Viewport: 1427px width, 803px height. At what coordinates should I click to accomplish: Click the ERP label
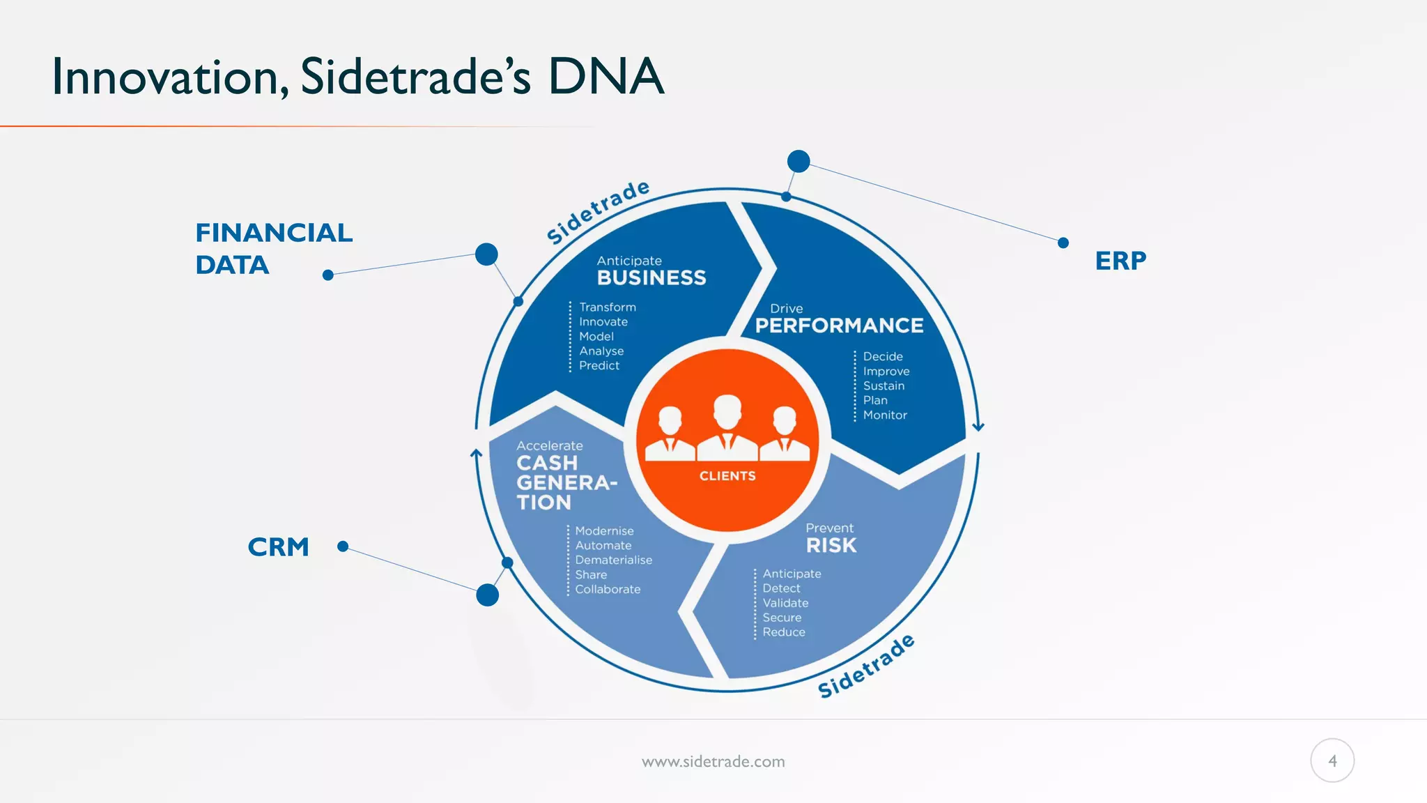tap(1120, 261)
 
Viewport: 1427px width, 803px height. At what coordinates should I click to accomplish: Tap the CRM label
tap(278, 547)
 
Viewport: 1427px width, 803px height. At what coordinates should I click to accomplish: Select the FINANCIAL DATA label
tap(274, 249)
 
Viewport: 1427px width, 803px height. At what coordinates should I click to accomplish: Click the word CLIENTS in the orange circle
tap(727, 476)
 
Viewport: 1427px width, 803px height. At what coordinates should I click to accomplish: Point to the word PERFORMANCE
tap(839, 326)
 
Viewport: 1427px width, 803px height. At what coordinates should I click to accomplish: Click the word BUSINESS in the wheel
tap(651, 278)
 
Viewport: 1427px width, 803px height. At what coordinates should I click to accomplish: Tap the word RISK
tap(831, 546)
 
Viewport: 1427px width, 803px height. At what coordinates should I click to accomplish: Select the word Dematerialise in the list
tap(613, 560)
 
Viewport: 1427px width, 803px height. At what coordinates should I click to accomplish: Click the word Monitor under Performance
tap(885, 415)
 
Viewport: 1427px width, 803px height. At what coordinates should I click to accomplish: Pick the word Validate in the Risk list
tap(785, 604)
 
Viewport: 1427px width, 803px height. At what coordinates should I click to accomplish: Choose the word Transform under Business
tap(608, 307)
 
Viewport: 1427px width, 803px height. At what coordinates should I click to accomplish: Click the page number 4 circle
tap(1332, 760)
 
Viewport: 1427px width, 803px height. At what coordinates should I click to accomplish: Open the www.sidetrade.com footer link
tap(713, 762)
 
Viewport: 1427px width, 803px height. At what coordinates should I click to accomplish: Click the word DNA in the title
tap(605, 77)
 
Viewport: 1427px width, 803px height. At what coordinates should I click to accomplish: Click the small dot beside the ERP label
tap(1063, 243)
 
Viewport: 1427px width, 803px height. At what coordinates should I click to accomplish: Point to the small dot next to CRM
tap(343, 546)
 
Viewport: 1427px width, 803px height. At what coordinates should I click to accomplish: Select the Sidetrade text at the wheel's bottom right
tap(866, 666)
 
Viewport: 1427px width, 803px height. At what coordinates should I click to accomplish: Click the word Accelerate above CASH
tap(549, 446)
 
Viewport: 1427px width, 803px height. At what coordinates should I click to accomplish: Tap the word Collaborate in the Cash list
tap(608, 590)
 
